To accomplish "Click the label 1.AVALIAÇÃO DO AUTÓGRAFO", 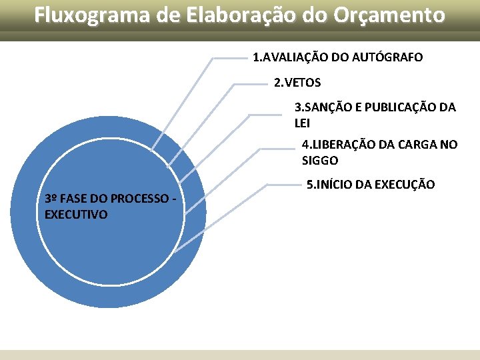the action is [x=337, y=58].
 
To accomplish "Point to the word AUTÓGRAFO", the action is [x=387, y=58].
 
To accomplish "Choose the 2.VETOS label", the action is [x=297, y=83].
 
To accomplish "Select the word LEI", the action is [x=302, y=123].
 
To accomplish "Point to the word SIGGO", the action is [x=320, y=161].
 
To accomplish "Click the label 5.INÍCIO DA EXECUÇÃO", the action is [x=370, y=184].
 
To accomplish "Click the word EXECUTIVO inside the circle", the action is [x=75, y=214].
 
